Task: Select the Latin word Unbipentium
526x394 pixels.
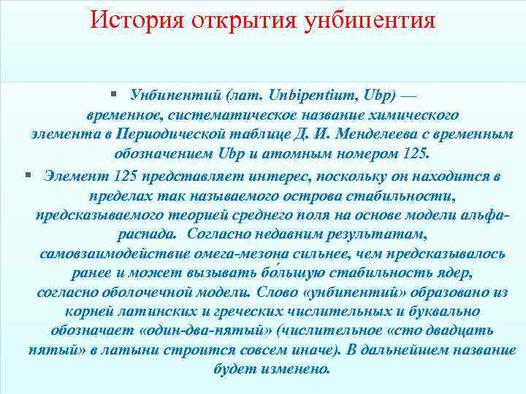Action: coord(309,96)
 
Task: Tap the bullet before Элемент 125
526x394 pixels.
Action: coord(27,175)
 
